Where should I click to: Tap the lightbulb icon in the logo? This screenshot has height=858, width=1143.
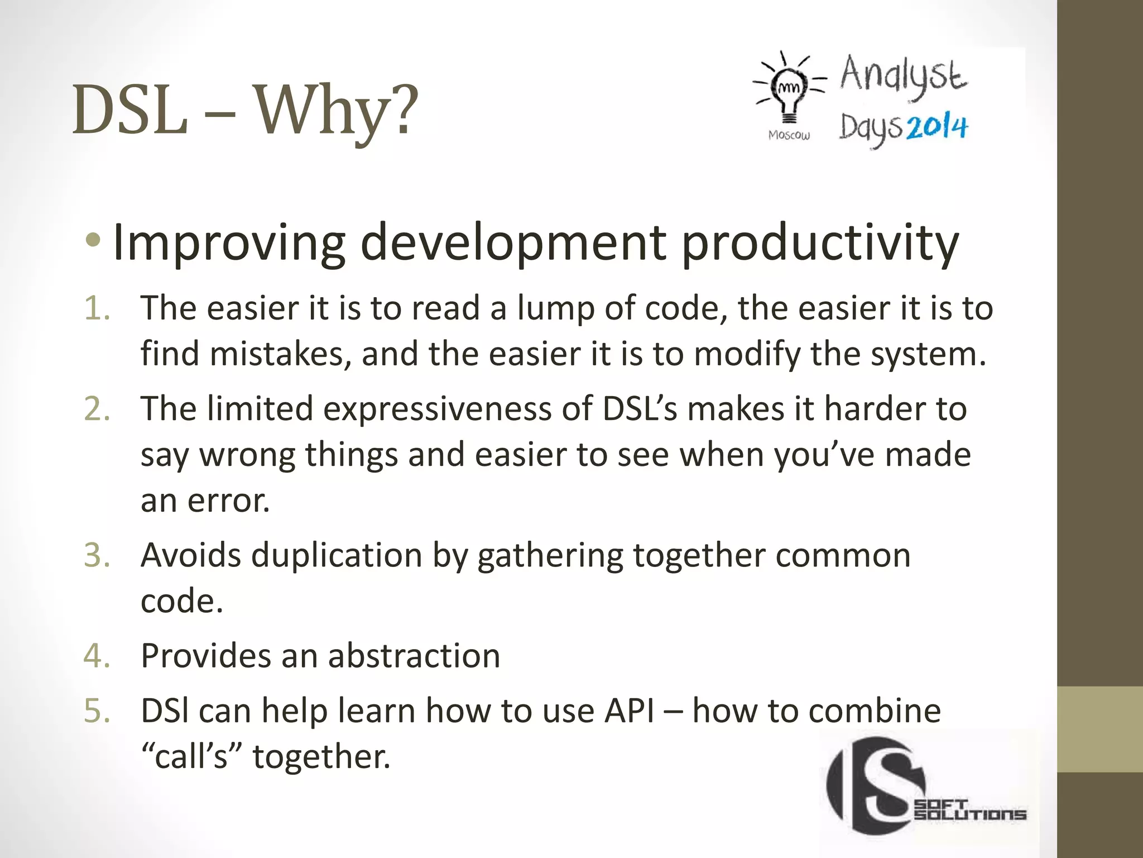point(789,93)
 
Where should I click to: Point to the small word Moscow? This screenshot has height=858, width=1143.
point(789,135)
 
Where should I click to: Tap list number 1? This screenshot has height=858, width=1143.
point(97,308)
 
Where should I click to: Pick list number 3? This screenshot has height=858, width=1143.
point(97,555)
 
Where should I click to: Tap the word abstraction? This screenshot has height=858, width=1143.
point(414,656)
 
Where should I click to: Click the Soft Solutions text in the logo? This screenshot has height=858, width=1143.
point(970,811)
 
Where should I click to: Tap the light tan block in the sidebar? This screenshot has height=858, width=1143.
point(1099,730)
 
